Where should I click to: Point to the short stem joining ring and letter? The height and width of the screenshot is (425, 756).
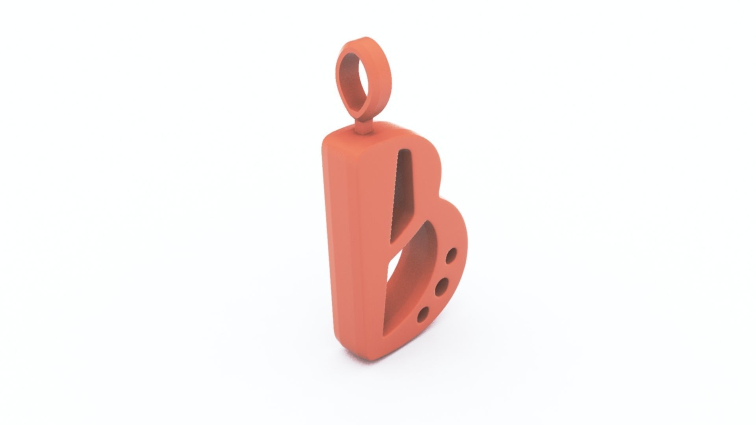pyautogui.click(x=365, y=127)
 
